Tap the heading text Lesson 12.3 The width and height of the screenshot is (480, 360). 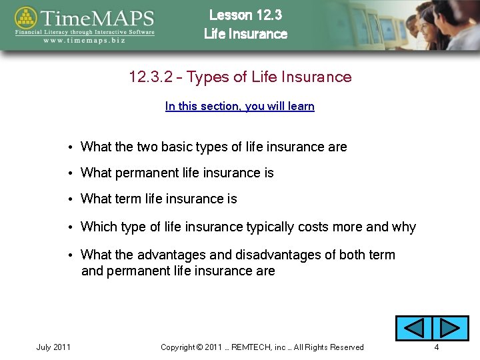coord(245,15)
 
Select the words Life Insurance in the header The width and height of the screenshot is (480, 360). coord(245,34)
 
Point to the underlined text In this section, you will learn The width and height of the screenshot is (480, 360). coord(239,106)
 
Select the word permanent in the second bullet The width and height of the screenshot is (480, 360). coord(147,173)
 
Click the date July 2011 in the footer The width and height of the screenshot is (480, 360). coord(53,347)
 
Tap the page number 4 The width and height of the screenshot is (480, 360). coord(436,347)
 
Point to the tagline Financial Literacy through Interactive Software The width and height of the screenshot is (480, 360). coord(85,31)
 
